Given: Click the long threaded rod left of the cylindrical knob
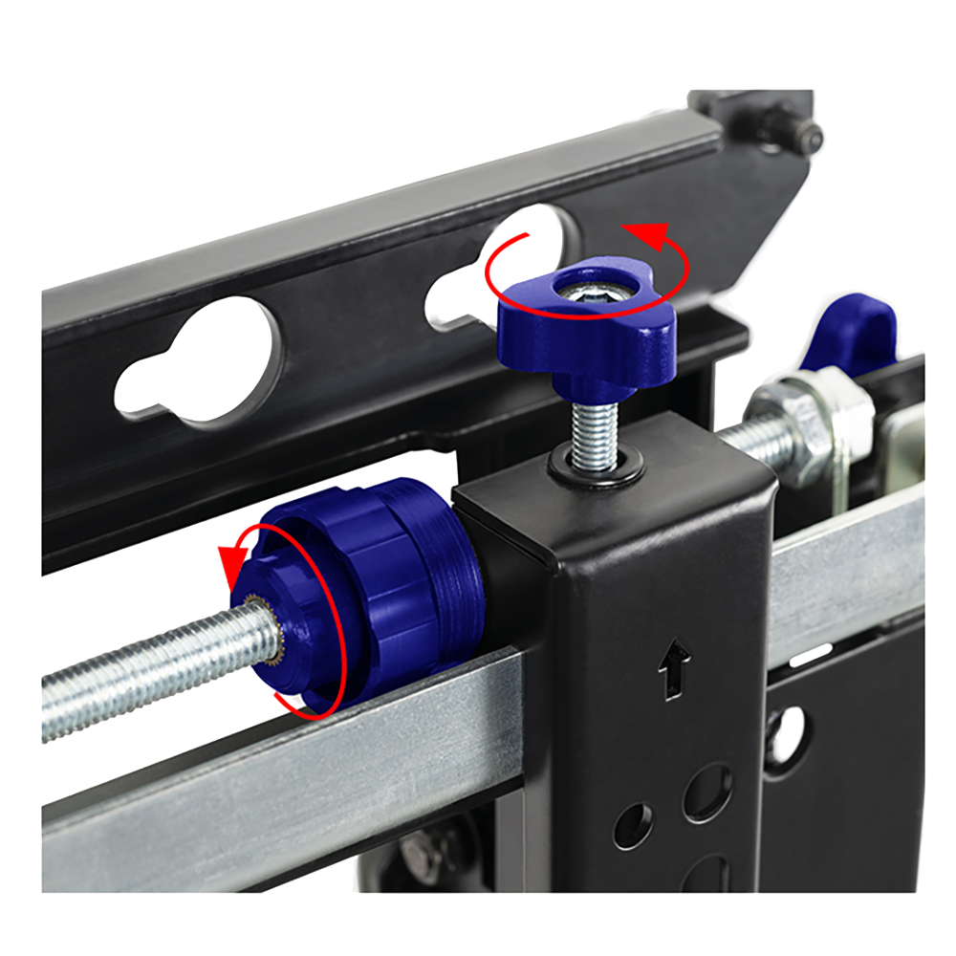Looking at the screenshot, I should point(143,674).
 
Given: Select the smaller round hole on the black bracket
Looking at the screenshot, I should point(634,824).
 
